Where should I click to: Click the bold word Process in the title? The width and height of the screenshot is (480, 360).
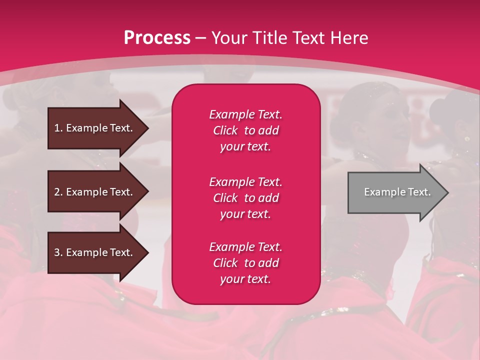157,38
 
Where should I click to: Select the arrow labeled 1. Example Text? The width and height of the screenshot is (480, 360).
95,128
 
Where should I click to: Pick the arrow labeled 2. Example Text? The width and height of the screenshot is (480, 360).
95,192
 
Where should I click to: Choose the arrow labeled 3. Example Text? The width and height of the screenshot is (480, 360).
95,252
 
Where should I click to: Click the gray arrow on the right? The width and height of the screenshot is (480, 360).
395,192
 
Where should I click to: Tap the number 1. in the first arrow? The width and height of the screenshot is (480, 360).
58,128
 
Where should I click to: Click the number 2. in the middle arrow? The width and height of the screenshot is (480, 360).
58,192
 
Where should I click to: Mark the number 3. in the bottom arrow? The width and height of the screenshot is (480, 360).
58,252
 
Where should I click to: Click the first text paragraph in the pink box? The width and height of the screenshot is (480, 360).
245,130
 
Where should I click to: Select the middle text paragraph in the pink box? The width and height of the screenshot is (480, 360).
245,198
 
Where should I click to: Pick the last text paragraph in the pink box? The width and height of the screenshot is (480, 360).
245,263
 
